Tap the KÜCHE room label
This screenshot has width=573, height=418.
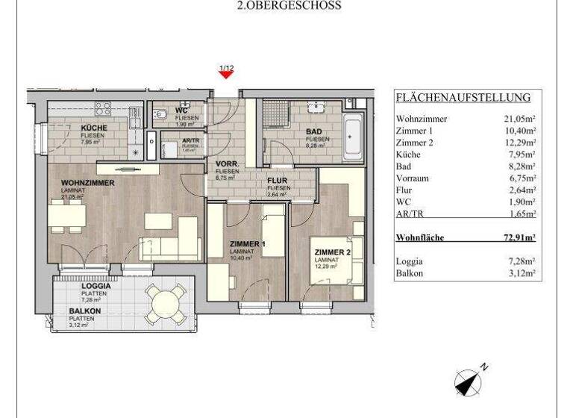click(94, 128)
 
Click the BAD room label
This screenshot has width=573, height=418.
click(314, 131)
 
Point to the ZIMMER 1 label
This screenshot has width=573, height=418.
click(248, 244)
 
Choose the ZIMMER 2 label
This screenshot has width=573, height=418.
click(332, 253)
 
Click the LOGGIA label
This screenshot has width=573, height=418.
click(96, 286)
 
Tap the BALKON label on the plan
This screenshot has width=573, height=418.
click(86, 311)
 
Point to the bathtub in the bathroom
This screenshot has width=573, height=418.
click(352, 137)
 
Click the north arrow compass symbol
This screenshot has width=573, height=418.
click(468, 381)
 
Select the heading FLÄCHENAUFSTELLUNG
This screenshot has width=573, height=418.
click(463, 98)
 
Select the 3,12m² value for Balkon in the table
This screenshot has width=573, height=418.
click(522, 274)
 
